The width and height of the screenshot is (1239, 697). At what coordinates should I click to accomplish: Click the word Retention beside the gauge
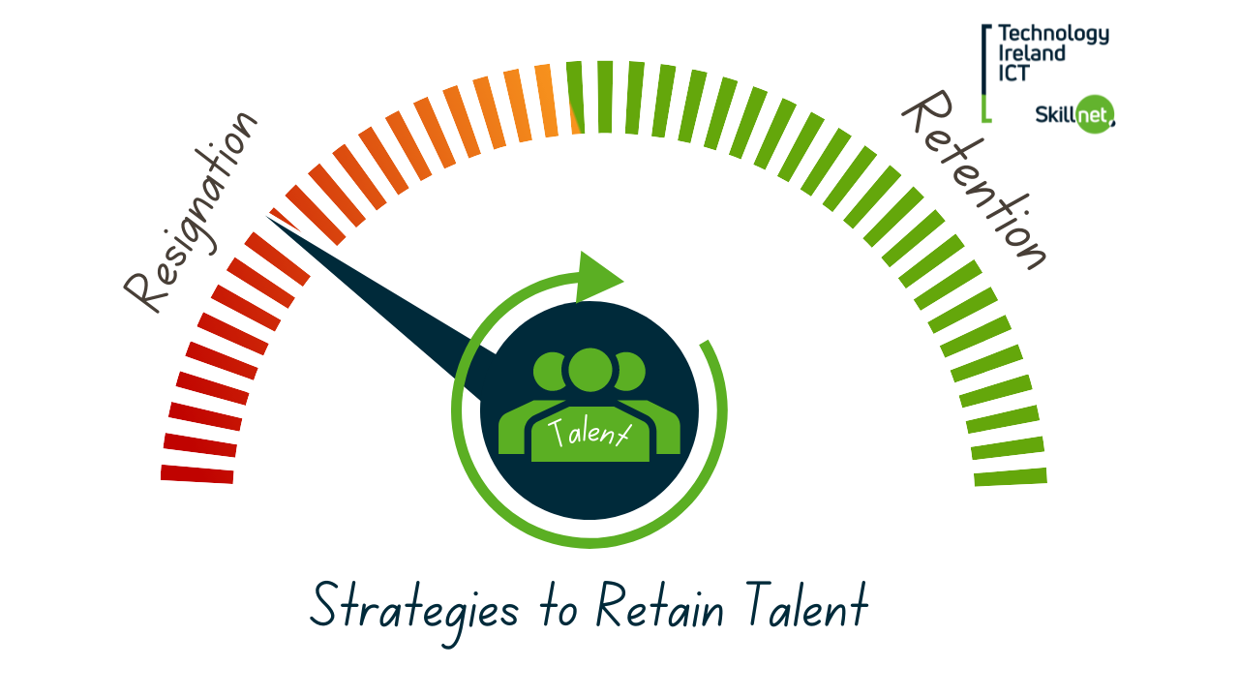tap(975, 180)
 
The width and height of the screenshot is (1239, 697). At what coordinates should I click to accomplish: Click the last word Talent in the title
tap(807, 605)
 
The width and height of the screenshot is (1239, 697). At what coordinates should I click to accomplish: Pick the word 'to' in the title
tap(559, 610)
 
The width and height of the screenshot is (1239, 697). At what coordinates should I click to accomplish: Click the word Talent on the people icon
tap(589, 432)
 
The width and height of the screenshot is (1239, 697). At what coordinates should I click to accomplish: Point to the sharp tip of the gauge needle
tap(267, 217)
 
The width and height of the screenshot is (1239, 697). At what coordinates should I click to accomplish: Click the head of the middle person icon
tap(590, 370)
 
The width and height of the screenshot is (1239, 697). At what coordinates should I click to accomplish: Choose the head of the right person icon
tap(630, 371)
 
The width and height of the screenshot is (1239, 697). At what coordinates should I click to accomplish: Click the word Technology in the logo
tap(1054, 34)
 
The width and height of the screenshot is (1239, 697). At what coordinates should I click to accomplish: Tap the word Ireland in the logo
tap(1032, 53)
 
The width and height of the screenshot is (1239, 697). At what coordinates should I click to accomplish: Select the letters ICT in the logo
tap(1013, 73)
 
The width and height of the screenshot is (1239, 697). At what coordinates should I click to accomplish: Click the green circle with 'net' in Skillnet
tap(1095, 114)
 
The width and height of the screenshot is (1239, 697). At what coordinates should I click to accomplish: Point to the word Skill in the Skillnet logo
tap(1055, 114)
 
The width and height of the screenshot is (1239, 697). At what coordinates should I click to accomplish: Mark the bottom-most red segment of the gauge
tap(196, 474)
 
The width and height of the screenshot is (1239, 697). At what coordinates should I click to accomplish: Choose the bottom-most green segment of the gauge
tap(1011, 477)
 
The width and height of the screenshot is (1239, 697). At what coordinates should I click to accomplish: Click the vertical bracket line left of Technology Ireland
tap(984, 73)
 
